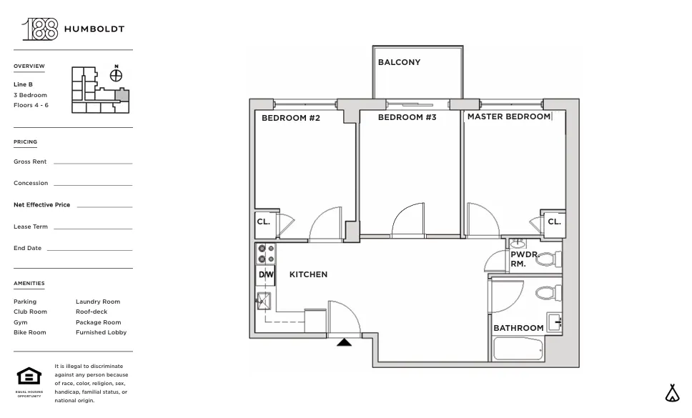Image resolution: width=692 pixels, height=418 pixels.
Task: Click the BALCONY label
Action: pos(399,62)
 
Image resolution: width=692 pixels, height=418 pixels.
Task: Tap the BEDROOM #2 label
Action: pos(290,118)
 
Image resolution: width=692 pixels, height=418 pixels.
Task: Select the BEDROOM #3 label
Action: pos(407,117)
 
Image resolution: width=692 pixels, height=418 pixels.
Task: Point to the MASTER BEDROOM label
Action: pos(508,116)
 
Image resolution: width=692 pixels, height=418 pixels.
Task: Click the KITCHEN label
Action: pos(308,274)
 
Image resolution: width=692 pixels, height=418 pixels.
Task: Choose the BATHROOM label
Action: pos(518,328)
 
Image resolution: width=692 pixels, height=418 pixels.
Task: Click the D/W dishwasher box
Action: pos(266,275)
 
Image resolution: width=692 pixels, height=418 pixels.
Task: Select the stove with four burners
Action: pos(266,254)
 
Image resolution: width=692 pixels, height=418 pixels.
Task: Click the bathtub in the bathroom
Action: pos(518,349)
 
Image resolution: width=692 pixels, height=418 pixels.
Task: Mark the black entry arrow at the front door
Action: pos(345,342)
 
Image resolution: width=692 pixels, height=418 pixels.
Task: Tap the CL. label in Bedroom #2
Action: pos(264,222)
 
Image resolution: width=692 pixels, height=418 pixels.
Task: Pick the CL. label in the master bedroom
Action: pos(554,222)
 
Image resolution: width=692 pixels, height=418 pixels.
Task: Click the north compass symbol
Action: pos(116,74)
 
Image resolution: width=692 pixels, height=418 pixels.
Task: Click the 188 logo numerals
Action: pos(40,29)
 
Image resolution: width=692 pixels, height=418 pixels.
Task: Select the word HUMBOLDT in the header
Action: pos(94,29)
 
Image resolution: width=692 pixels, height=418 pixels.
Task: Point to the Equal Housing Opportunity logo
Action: pos(29,377)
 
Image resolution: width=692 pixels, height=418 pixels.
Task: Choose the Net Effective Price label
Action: pos(41,205)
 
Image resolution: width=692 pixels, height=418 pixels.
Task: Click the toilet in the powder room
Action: pos(549,259)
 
